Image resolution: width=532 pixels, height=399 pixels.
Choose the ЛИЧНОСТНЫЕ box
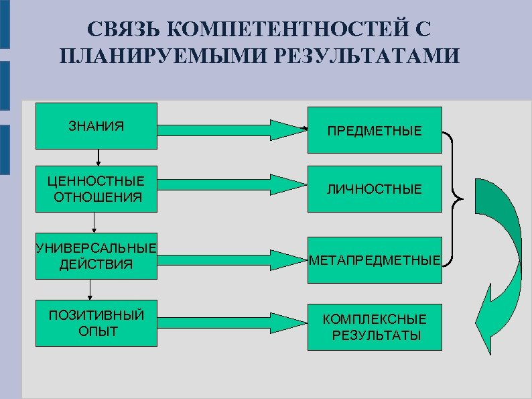(x=375, y=190)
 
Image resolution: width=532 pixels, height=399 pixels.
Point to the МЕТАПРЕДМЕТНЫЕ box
(x=375, y=260)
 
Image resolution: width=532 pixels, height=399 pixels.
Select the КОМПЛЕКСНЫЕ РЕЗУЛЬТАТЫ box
(x=375, y=327)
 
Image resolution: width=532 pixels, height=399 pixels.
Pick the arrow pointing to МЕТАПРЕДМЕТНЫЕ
(x=231, y=256)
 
